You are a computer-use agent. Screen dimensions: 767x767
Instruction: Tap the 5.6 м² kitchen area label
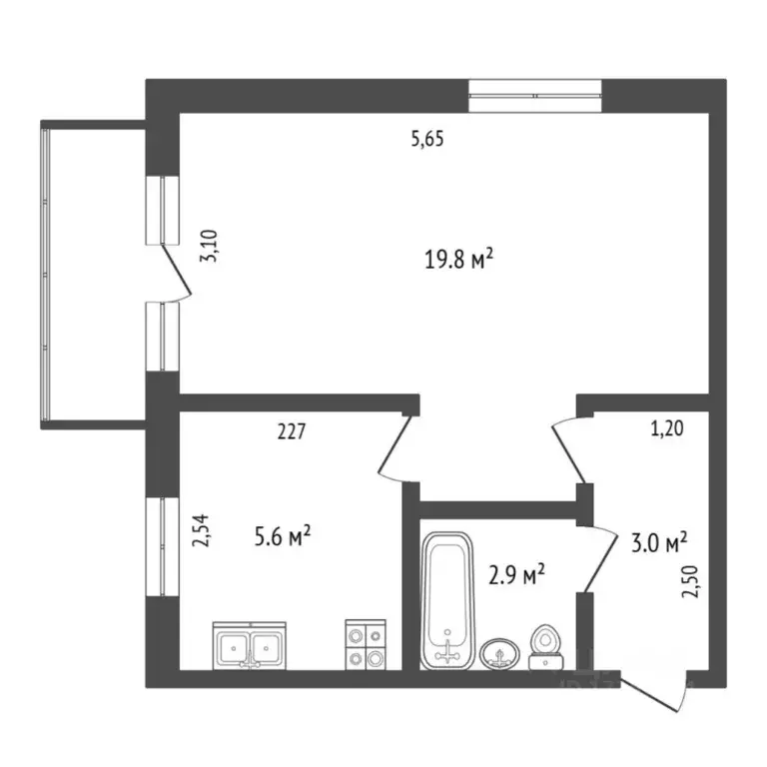click(x=283, y=538)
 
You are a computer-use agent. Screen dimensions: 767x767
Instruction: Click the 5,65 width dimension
click(x=426, y=140)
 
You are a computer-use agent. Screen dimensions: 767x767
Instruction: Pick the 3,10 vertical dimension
click(x=209, y=244)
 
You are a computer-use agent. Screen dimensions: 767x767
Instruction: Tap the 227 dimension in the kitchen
click(x=290, y=432)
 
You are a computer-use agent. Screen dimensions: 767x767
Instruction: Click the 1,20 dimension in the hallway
click(x=668, y=430)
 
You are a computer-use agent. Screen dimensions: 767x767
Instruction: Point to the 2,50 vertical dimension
click(x=688, y=578)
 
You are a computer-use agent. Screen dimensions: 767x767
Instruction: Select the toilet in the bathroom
click(x=545, y=647)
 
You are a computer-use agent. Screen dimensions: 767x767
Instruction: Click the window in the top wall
click(x=535, y=96)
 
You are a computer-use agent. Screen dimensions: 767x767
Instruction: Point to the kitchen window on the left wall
click(x=162, y=547)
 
